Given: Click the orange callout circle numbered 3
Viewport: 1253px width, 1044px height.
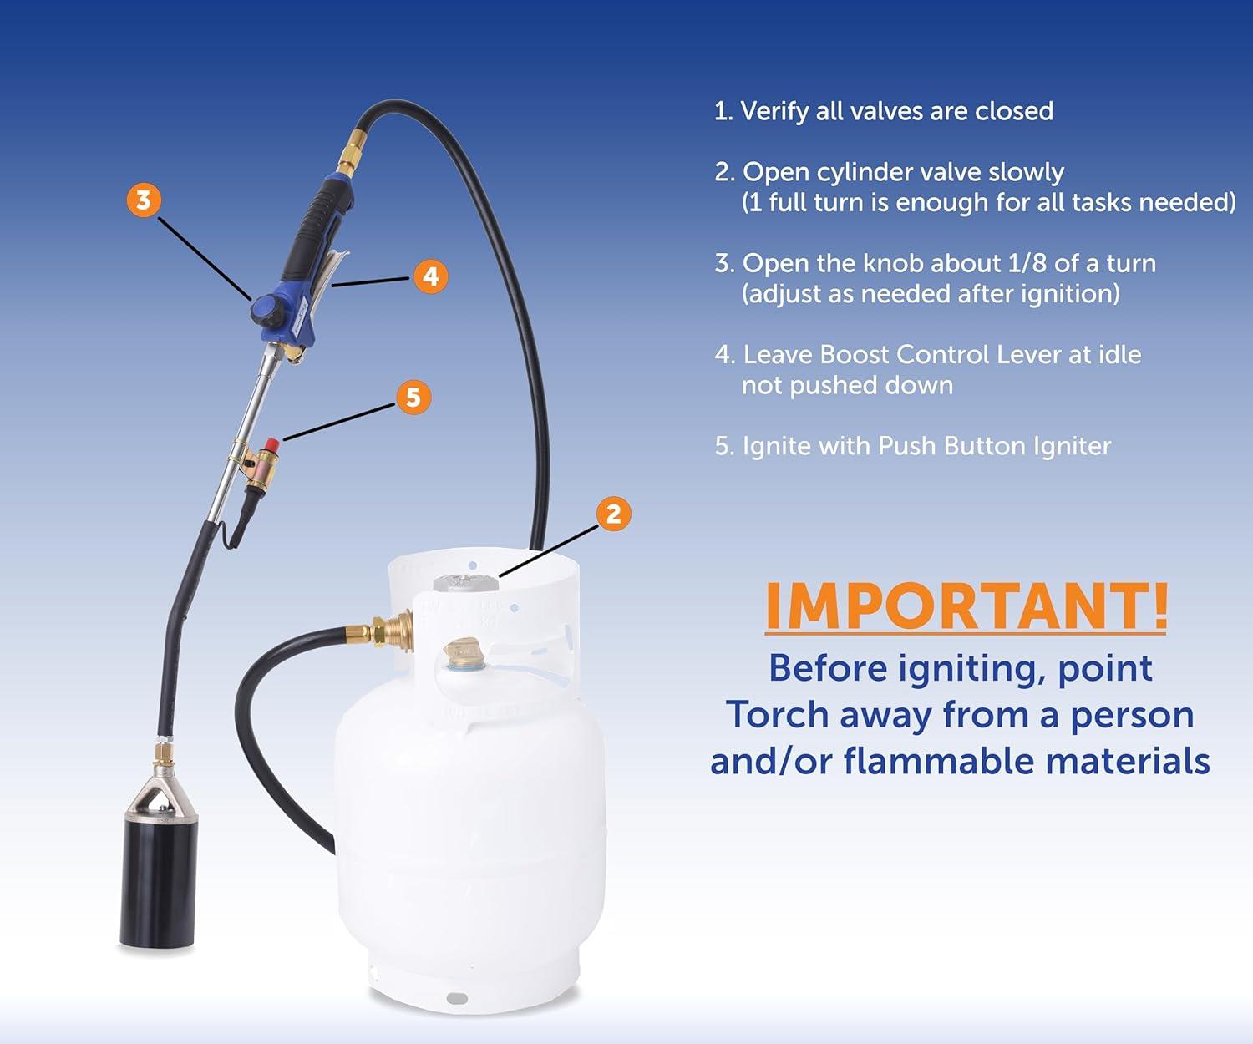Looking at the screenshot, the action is click(x=144, y=200).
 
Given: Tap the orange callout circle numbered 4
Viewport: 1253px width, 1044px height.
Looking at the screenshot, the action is click(x=430, y=276).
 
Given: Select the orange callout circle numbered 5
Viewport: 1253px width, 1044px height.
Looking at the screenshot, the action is click(x=413, y=398).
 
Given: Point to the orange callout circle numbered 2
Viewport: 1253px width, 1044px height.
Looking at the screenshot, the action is click(x=613, y=514).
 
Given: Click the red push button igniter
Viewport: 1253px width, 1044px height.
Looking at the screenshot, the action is click(x=271, y=445).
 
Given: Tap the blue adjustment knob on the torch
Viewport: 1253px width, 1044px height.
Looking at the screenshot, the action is click(x=266, y=311).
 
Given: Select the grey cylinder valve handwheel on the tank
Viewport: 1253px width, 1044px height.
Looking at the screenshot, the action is click(x=465, y=583).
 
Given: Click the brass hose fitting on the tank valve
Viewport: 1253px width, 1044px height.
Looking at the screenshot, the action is click(x=391, y=631).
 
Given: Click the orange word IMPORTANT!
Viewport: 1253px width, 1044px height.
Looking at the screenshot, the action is click(x=966, y=606).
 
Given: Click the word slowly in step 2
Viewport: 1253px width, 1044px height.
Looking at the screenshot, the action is click(x=1026, y=173).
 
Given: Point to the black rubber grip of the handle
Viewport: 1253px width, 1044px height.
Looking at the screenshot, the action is click(x=315, y=229).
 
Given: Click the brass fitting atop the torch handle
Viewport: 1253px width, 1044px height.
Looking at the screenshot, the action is click(x=347, y=156).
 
